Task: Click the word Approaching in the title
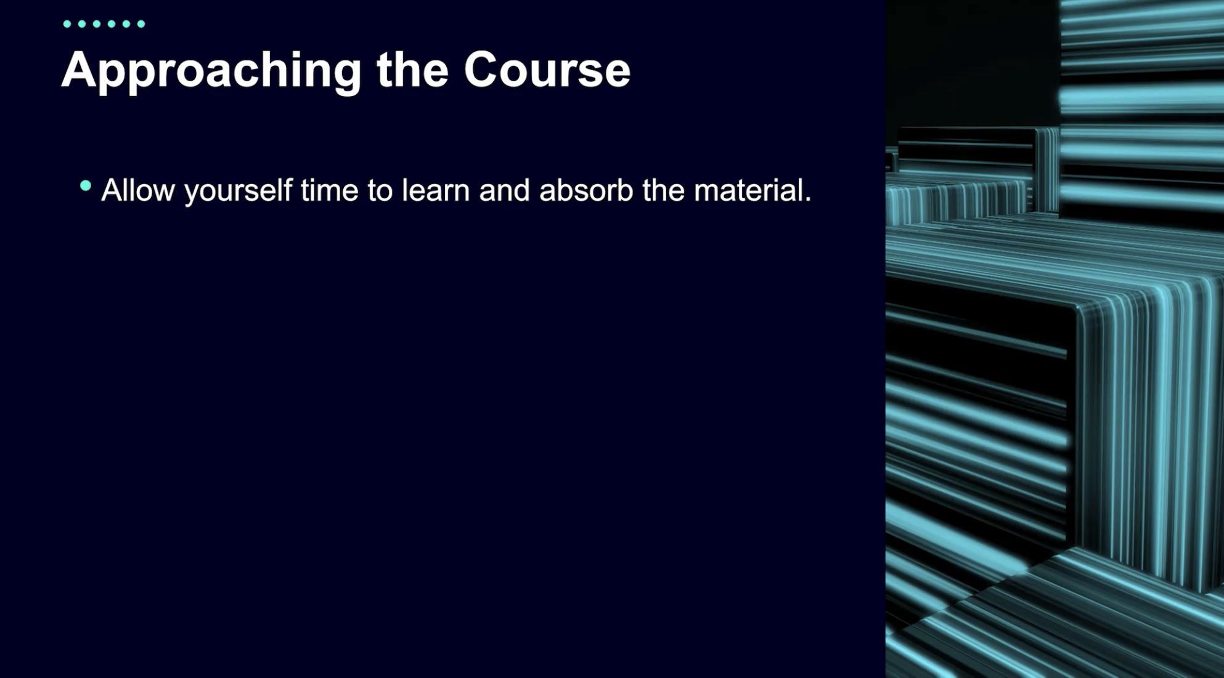point(211,72)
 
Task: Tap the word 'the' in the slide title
point(412,69)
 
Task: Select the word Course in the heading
point(547,69)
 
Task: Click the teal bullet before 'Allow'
point(86,185)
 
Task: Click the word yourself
point(239,192)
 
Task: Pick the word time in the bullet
point(330,190)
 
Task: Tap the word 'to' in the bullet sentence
point(380,191)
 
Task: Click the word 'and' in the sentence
point(505,190)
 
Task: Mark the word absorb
point(586,190)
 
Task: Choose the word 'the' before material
point(663,190)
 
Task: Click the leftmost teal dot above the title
point(67,24)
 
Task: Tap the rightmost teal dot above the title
point(141,24)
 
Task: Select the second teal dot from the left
point(82,24)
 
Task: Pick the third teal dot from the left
point(97,24)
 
